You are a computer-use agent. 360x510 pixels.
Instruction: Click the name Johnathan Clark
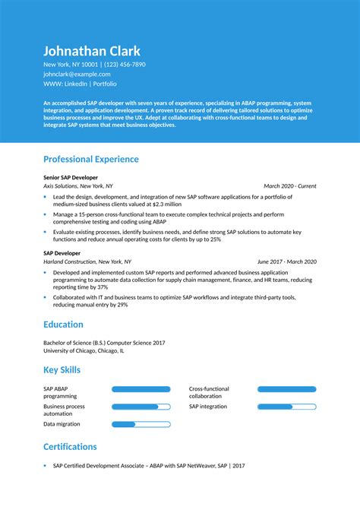click(92, 51)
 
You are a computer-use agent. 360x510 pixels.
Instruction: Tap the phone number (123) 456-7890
click(120, 65)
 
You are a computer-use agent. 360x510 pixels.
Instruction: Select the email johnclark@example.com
click(77, 74)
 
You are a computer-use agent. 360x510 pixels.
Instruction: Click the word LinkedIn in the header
click(77, 84)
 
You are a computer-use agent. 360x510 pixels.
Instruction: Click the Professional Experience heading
click(91, 159)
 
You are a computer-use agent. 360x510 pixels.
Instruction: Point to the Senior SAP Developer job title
click(71, 176)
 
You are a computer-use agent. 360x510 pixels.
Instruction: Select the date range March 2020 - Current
click(289, 185)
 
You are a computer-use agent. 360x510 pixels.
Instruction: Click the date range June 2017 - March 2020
click(286, 261)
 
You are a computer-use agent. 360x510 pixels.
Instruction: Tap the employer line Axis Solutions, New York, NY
click(78, 185)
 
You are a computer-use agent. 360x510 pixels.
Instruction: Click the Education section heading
click(63, 325)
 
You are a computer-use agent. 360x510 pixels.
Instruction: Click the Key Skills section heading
click(62, 370)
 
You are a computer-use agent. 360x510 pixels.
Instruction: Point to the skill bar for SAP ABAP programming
click(141, 389)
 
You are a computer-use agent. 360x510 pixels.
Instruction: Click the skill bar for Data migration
click(141, 424)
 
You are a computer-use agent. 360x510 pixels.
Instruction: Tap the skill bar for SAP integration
click(286, 407)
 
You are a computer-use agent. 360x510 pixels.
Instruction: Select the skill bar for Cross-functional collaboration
click(286, 389)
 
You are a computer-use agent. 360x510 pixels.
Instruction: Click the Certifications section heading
click(70, 446)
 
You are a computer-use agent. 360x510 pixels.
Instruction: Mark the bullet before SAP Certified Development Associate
click(45, 465)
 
